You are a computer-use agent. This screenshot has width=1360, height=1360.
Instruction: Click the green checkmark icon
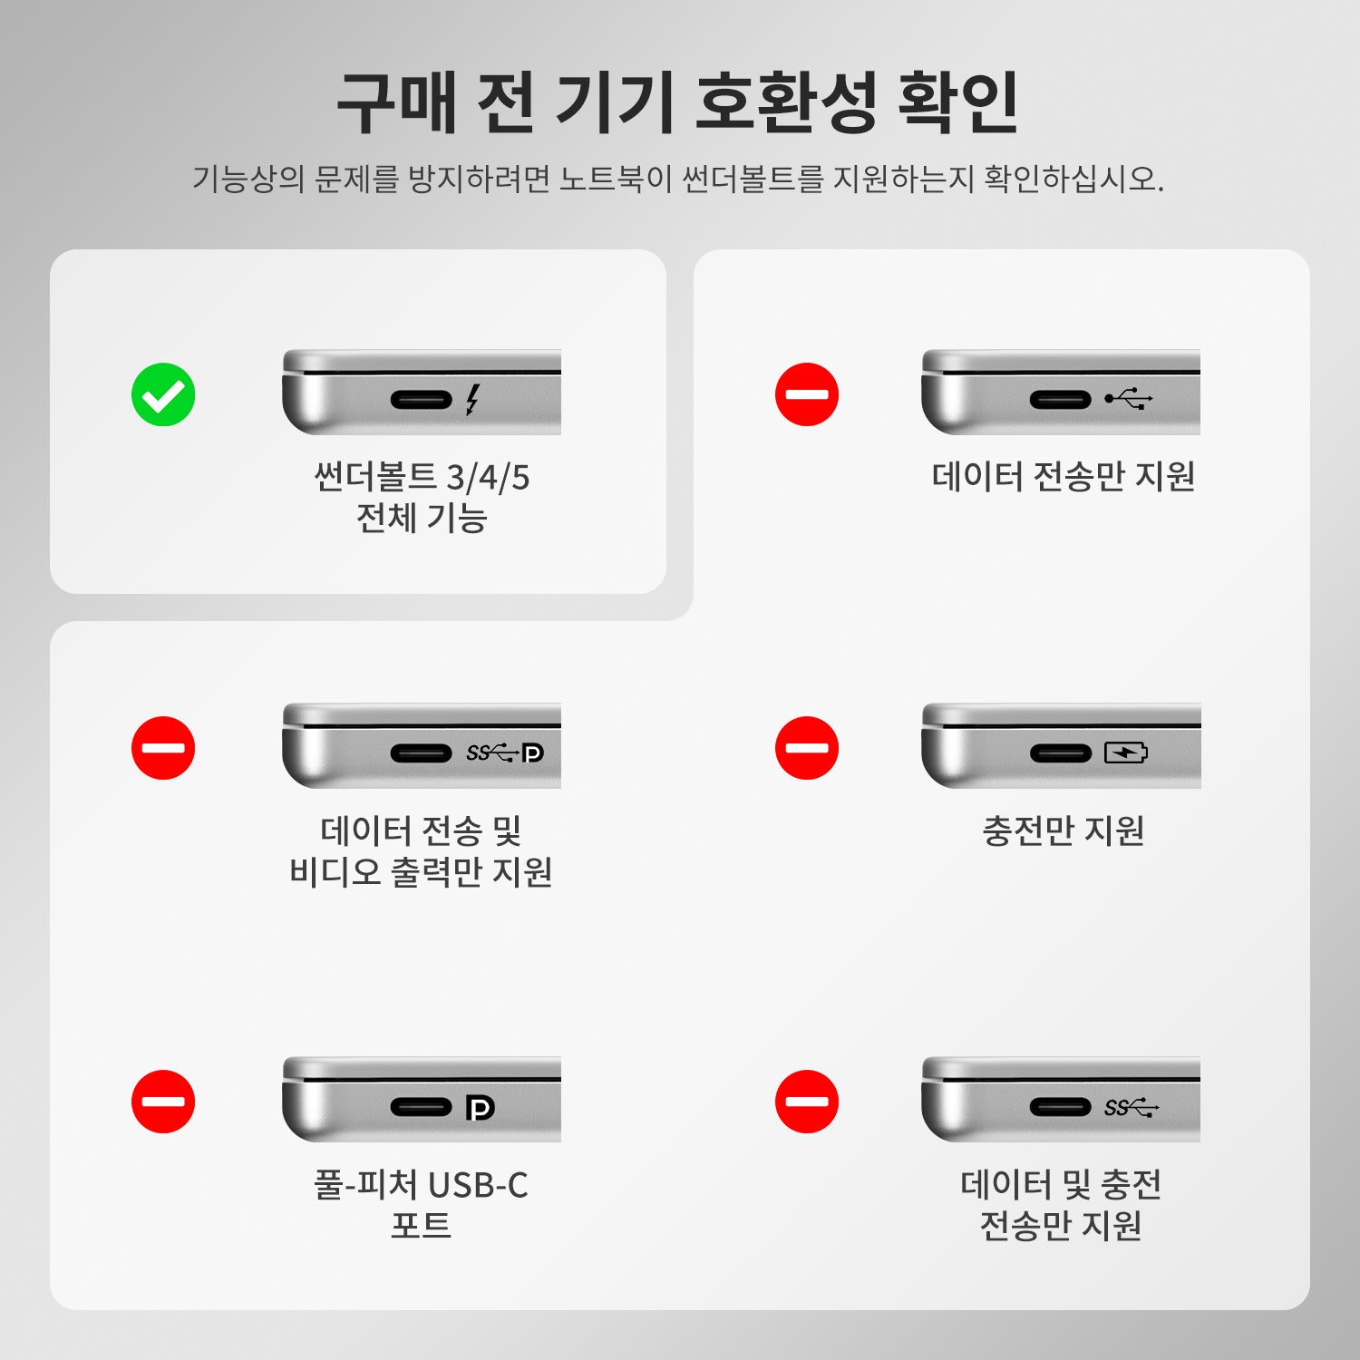[163, 394]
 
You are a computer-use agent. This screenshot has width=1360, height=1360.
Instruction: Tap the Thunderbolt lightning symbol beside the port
[471, 399]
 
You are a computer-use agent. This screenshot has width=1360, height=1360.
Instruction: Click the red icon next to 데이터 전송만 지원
[807, 394]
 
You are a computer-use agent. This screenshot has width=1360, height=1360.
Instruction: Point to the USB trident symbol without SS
[1129, 398]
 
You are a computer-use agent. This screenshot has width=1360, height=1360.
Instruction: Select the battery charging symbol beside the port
[1126, 753]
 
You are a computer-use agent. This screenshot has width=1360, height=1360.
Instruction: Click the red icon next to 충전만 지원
[807, 748]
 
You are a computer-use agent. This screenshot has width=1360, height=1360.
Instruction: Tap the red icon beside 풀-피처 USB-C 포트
[163, 1102]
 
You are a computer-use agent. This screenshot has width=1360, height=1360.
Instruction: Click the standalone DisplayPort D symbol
[480, 1107]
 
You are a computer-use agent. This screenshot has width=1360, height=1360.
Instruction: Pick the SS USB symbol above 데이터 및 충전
[1132, 1107]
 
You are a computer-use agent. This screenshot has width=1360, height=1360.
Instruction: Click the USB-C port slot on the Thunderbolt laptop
[421, 399]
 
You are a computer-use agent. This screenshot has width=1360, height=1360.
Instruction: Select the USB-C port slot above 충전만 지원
[1061, 753]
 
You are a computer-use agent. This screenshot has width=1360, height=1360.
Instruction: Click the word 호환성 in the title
[785, 102]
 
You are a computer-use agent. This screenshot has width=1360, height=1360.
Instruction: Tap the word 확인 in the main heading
[958, 102]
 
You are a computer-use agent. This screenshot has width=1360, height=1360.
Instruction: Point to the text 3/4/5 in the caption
[488, 477]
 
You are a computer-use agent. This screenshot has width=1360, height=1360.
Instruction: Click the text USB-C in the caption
[478, 1185]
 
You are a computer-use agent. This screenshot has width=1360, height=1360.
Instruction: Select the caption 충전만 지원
[1063, 831]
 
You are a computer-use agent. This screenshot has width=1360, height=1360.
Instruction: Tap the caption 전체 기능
[422, 518]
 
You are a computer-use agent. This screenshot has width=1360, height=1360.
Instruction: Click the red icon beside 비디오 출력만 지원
[163, 748]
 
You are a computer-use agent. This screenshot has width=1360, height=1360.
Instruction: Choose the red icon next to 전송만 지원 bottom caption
[807, 1102]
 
